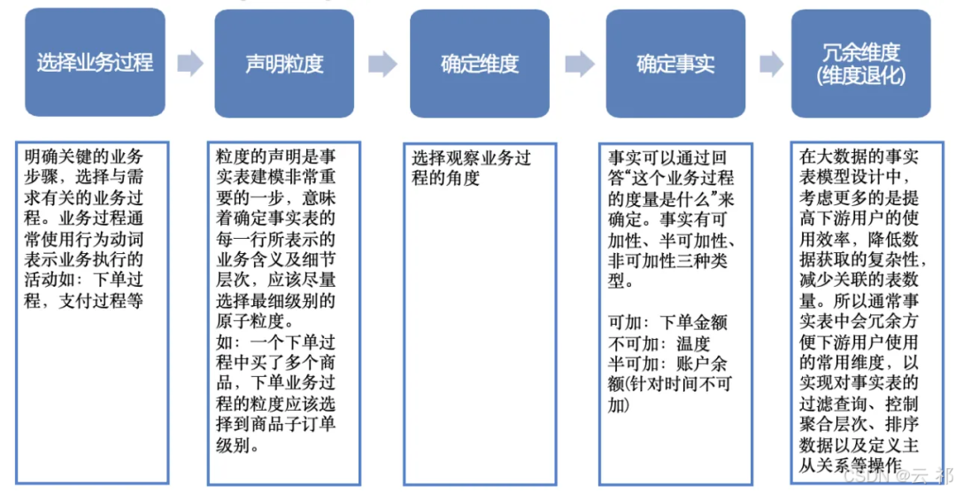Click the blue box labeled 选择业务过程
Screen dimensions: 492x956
point(95,63)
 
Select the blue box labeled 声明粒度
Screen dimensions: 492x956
point(284,63)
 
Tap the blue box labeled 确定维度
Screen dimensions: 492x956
point(480,63)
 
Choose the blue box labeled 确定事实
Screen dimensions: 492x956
point(675,63)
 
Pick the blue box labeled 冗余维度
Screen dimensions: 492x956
point(860,53)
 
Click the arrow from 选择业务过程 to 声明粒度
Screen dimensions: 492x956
point(190,63)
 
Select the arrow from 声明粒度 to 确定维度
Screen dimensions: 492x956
point(382,63)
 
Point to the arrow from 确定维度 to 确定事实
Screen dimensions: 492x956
point(579,63)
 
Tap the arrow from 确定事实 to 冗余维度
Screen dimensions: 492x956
point(772,63)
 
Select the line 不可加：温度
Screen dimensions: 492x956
point(659,344)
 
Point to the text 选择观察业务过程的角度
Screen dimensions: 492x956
point(471,168)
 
